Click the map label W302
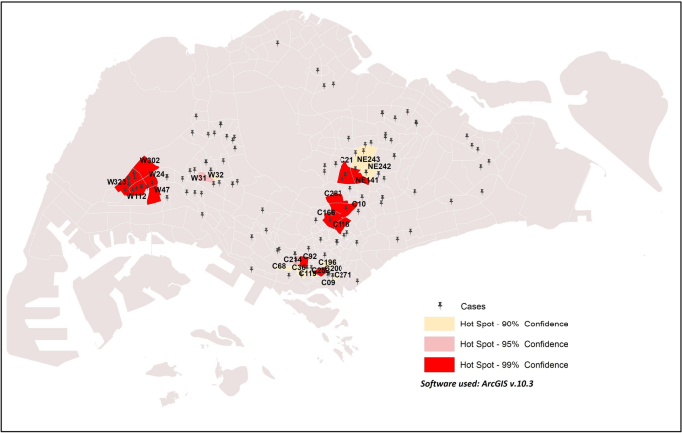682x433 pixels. tap(150, 160)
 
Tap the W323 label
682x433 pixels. tap(117, 182)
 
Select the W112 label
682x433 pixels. tap(136, 196)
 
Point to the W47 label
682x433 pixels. tap(162, 190)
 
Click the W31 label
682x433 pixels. tap(199, 178)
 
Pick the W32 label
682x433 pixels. tap(216, 175)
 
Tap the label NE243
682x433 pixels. tap(368, 159)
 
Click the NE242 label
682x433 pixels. tap(379, 167)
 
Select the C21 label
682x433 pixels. tap(346, 160)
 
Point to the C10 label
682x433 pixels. tap(359, 204)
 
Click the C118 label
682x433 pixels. tap(341, 224)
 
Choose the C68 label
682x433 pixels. tap(279, 266)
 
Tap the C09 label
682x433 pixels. tap(328, 283)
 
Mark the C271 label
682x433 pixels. tap(341, 274)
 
